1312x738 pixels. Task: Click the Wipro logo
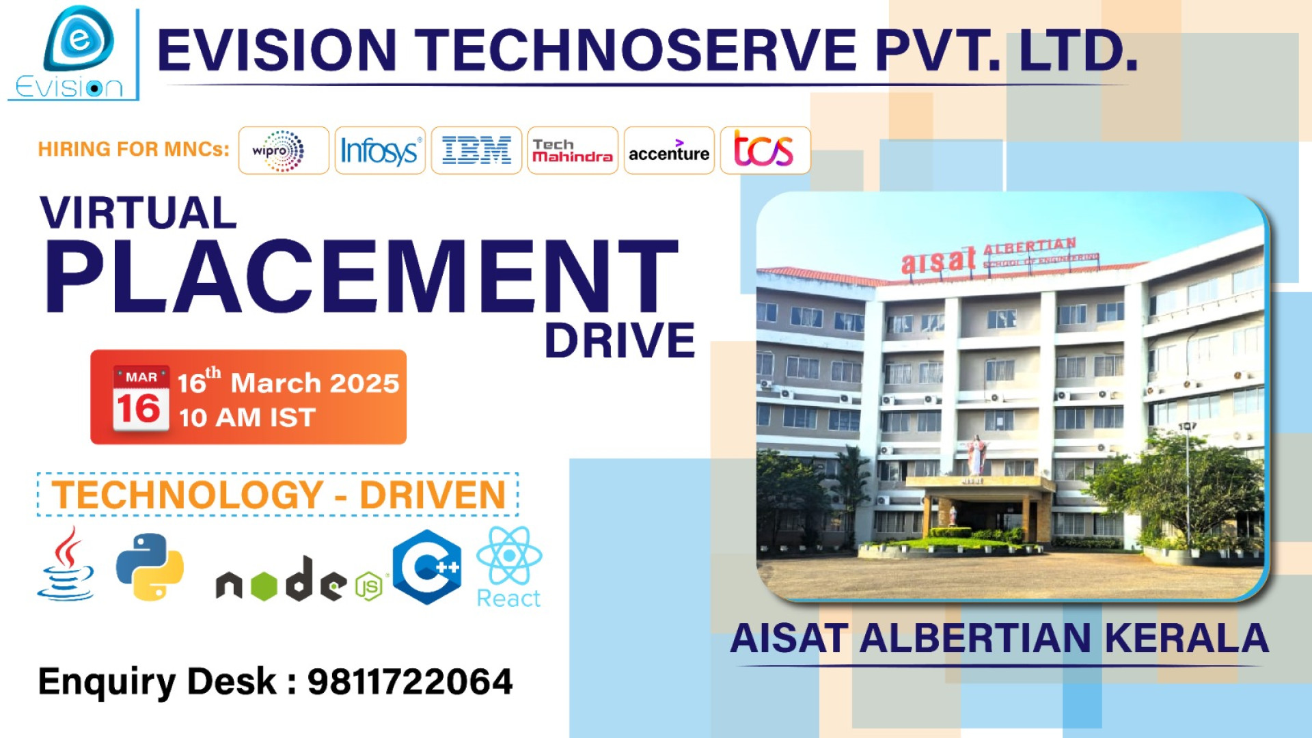click(283, 150)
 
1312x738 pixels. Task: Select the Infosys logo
click(380, 150)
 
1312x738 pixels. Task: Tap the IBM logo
click(476, 150)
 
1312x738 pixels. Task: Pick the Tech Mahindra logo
click(573, 151)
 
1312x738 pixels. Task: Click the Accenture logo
click(669, 151)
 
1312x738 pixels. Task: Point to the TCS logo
click(764, 150)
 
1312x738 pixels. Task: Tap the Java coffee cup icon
click(66, 564)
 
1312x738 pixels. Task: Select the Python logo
click(150, 566)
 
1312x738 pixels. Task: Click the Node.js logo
click(299, 580)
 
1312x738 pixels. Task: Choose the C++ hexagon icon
click(428, 566)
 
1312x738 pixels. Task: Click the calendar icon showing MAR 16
click(141, 399)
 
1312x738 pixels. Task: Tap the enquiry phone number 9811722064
click(410, 681)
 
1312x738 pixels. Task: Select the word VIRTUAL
click(139, 213)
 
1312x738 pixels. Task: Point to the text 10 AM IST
click(247, 418)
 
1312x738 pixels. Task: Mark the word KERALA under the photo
click(1186, 638)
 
